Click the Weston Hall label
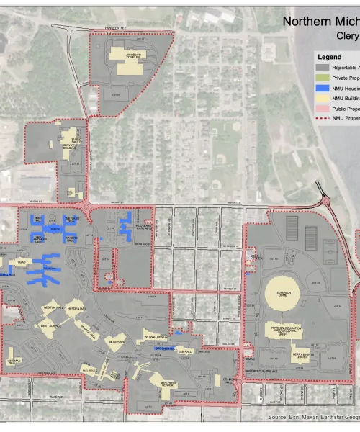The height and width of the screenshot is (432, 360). coord(55,307)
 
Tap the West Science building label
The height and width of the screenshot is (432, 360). coord(50,325)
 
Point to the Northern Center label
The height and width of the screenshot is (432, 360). coord(168,383)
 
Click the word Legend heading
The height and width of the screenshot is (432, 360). coord(330,56)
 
